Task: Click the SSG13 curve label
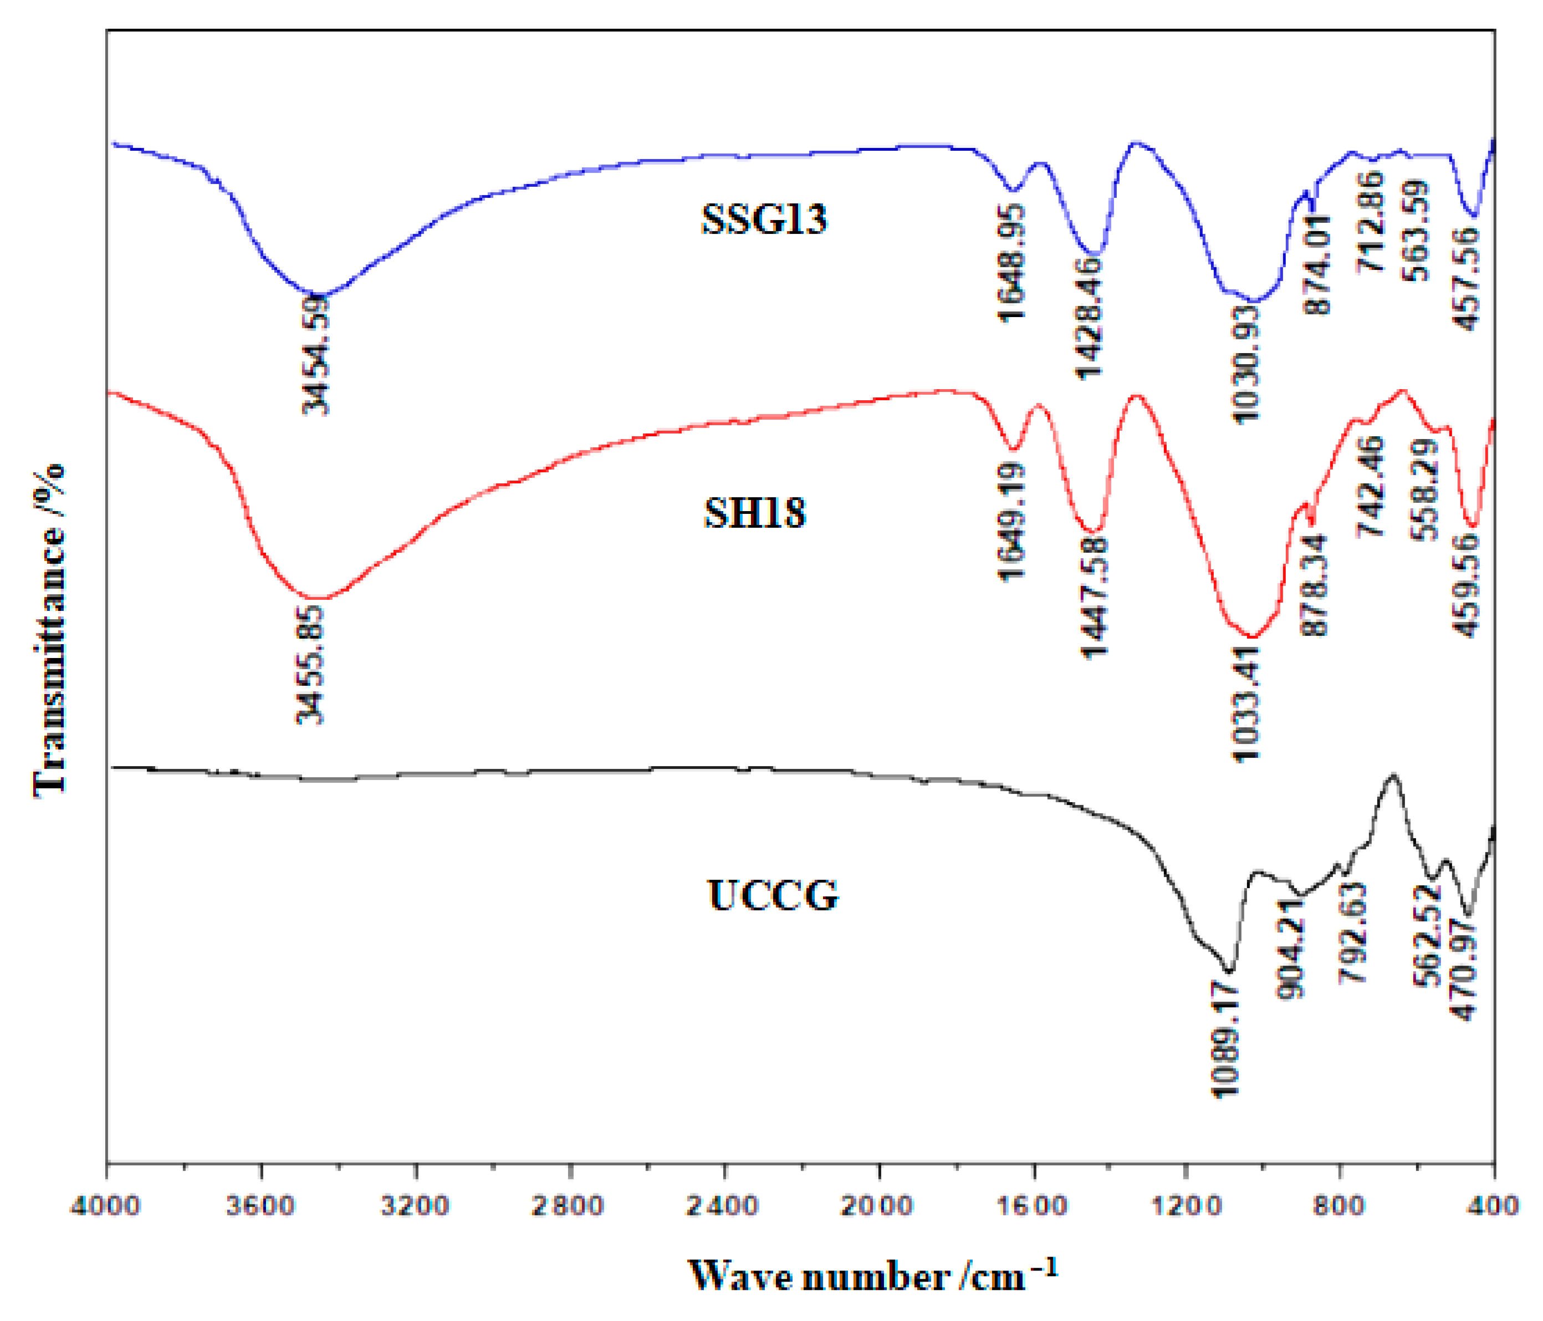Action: [x=764, y=219]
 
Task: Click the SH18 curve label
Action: [x=755, y=513]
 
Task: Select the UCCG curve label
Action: [x=772, y=895]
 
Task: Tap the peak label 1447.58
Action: [x=1094, y=596]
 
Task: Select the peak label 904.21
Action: [x=1292, y=950]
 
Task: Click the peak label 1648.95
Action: [x=1011, y=263]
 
